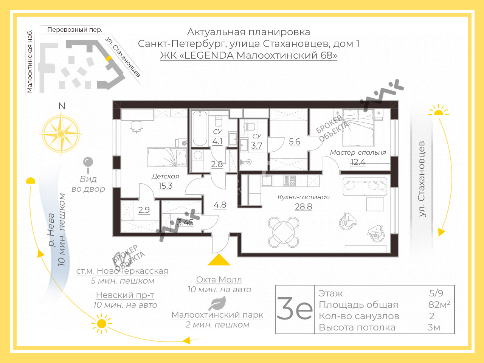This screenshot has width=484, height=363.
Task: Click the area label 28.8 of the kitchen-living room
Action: (303, 206)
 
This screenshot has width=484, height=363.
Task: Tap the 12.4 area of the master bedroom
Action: (358, 162)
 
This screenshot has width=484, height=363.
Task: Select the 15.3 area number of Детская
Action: (165, 186)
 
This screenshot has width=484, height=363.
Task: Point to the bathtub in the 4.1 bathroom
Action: (200, 129)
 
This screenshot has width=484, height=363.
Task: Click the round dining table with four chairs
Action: (283, 232)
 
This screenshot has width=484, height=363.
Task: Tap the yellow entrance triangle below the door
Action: (219, 260)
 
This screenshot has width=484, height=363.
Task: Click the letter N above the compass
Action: (62, 106)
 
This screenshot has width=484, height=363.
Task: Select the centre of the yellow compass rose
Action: (60, 134)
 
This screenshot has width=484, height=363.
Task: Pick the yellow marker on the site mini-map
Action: (109, 58)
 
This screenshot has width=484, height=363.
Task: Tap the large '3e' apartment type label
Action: (294, 308)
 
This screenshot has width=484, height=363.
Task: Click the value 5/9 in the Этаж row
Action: (436, 293)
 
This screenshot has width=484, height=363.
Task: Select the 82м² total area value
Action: (439, 304)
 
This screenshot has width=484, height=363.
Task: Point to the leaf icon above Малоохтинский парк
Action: (217, 303)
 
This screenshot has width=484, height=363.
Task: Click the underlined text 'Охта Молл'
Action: (219, 280)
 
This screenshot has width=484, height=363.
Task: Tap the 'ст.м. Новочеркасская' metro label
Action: (122, 271)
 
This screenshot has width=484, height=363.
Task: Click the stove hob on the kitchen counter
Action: (290, 181)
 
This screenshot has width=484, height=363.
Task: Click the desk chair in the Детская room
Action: (136, 127)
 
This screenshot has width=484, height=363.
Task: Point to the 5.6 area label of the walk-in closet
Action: (294, 141)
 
